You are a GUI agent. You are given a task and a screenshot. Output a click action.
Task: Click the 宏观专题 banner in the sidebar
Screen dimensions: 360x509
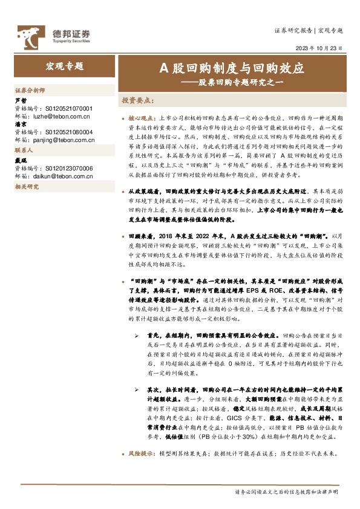65,66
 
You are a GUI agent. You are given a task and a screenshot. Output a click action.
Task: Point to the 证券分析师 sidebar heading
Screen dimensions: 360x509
30,89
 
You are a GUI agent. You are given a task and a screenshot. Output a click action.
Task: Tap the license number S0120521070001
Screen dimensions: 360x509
67,107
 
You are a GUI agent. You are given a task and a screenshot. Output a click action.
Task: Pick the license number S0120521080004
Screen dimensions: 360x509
67,132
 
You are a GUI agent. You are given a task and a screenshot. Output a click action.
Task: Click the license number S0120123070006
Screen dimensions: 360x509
67,169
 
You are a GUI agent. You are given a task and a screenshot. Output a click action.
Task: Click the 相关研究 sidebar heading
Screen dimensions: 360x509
27,187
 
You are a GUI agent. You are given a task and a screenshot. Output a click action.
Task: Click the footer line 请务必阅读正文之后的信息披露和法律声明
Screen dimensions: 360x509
286,492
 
